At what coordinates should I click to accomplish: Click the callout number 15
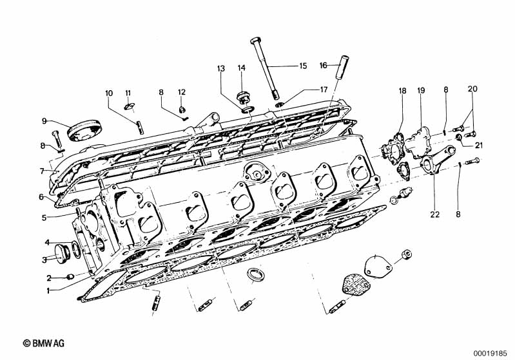click(303, 66)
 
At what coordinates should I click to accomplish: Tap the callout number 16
click(324, 65)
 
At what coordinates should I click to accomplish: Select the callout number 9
click(44, 121)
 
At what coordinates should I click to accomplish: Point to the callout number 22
click(435, 214)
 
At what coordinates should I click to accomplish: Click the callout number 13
click(221, 69)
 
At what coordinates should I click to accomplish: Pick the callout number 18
click(402, 91)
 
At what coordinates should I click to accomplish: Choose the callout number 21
click(479, 145)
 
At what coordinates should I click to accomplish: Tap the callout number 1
click(48, 290)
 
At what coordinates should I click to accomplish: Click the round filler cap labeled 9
click(84, 130)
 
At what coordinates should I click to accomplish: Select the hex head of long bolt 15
click(255, 41)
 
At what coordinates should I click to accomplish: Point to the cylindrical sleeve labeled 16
click(342, 66)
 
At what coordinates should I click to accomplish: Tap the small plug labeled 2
click(70, 277)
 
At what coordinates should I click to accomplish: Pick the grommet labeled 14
click(244, 97)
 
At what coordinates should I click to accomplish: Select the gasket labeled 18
click(393, 151)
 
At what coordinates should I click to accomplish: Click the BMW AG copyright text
click(44, 343)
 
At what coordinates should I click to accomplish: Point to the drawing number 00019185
click(491, 354)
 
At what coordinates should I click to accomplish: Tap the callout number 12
click(182, 92)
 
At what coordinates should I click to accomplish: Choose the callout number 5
click(44, 218)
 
